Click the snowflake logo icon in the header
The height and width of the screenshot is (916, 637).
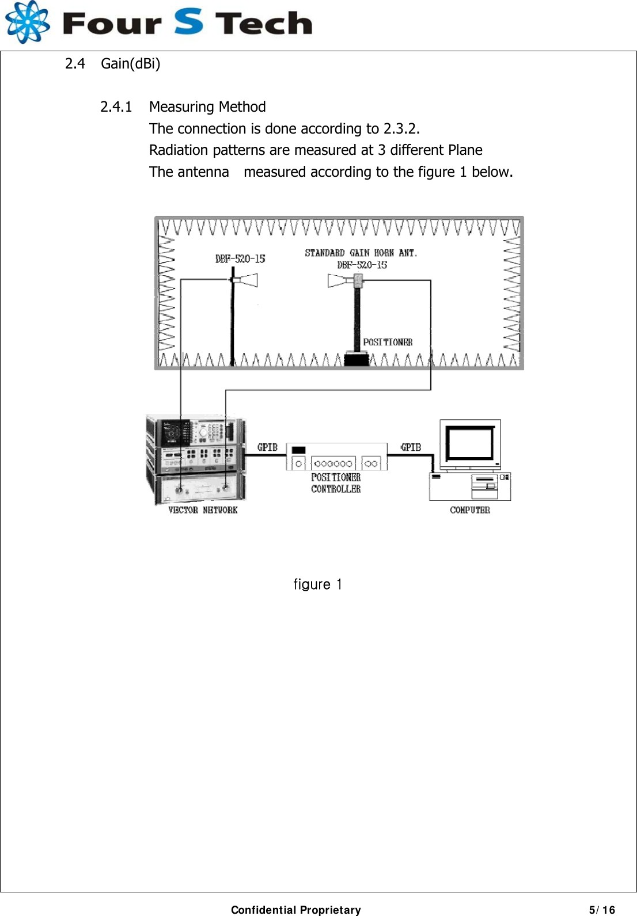point(26,22)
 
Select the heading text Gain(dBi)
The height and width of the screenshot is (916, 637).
point(130,63)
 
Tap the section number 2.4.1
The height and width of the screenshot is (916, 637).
point(116,107)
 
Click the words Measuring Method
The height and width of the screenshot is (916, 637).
point(207,107)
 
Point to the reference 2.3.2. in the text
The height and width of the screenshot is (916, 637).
point(401,128)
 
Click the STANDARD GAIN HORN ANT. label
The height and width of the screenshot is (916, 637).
point(361,253)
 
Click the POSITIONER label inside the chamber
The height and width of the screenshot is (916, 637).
point(388,342)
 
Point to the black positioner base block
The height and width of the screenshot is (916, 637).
point(357,359)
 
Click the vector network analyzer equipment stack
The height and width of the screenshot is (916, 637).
point(196,459)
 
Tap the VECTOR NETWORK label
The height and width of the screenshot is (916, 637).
point(203,510)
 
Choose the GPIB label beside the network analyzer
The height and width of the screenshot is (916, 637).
point(267,447)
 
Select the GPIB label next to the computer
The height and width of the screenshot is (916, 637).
point(411,447)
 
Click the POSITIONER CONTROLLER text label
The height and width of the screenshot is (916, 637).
point(336,483)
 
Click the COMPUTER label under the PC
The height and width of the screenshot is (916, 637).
point(470,510)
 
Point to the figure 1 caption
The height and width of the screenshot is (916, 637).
point(318,584)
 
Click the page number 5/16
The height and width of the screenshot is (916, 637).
point(602,910)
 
